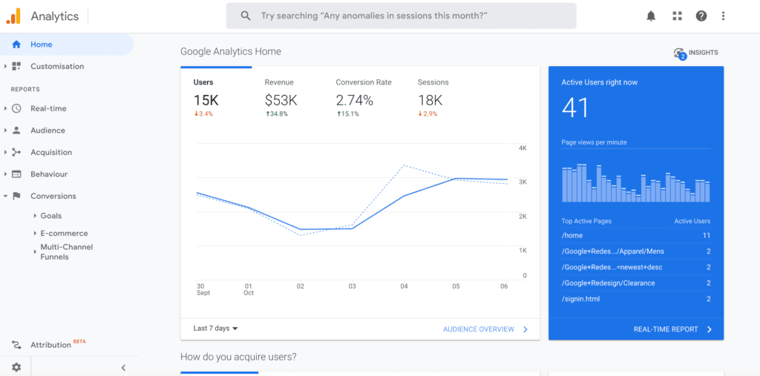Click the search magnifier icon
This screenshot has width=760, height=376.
click(246, 16)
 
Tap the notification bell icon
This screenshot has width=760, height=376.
click(651, 16)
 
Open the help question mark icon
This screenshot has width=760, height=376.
click(701, 16)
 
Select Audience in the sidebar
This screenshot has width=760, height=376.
click(47, 131)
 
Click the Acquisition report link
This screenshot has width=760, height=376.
click(51, 152)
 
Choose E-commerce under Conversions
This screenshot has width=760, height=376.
click(64, 233)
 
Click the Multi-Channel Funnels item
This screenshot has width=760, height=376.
click(66, 252)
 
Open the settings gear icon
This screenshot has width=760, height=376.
click(16, 367)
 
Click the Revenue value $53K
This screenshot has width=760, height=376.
click(281, 100)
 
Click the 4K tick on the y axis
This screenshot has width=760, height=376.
click(522, 148)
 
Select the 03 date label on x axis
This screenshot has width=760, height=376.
click(353, 286)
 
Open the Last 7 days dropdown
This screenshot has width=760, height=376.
click(216, 329)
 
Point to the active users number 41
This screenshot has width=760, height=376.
click(575, 109)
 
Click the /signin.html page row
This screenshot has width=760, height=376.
click(580, 299)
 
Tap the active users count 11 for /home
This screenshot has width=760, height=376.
click(706, 235)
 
